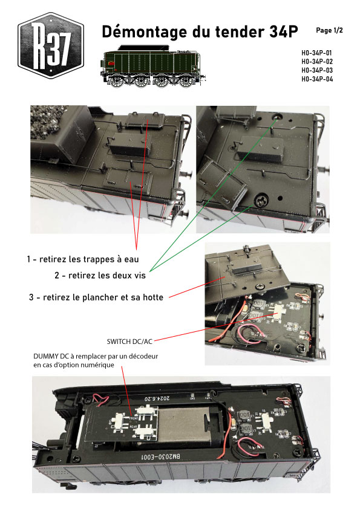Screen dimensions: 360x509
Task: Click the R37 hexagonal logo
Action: [51, 45]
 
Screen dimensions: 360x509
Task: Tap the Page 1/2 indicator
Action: [329, 30]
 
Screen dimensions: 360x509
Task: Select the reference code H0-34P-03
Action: [317, 70]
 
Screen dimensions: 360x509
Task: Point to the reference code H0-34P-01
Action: [317, 53]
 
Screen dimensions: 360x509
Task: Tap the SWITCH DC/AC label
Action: [129, 342]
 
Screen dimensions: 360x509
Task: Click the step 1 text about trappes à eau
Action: [83, 259]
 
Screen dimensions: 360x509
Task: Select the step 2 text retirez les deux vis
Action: [100, 276]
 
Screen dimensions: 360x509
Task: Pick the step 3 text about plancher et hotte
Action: [96, 297]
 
